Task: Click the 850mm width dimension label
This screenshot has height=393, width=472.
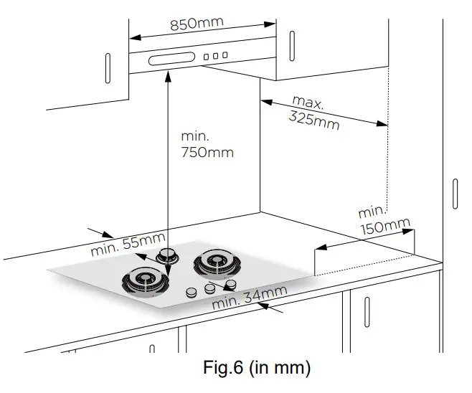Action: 197,23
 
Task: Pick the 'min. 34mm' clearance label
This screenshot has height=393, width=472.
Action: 250,297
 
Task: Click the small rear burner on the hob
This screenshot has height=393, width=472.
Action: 169,255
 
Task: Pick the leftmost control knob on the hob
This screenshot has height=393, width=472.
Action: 192,293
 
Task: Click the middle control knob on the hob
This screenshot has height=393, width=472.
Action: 209,288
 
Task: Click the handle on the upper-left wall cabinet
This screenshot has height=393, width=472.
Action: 108,69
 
